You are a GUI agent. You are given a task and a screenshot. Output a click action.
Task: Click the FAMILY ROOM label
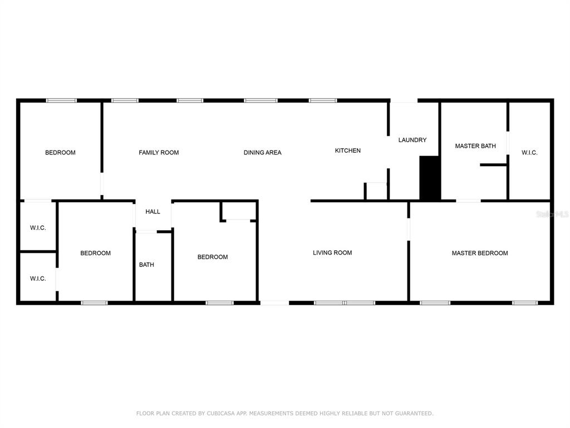pyautogui.click(x=159, y=153)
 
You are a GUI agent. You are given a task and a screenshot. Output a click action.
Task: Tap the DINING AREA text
pyautogui.click(x=263, y=153)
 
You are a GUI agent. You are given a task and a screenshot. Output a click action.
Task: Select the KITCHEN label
pyautogui.click(x=347, y=150)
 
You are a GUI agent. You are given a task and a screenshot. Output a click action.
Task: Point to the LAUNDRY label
pyautogui.click(x=412, y=140)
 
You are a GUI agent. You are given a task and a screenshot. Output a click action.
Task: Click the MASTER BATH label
pyautogui.click(x=475, y=146)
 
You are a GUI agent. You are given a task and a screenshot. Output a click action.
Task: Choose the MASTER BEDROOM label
pyautogui.click(x=479, y=253)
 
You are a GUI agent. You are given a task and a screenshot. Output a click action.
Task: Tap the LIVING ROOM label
pyautogui.click(x=332, y=252)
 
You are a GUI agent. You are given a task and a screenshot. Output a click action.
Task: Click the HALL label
pyautogui.click(x=153, y=211)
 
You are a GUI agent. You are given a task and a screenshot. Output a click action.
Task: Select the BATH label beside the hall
pyautogui.click(x=146, y=265)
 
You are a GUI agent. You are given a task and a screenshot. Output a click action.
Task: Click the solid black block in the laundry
pyautogui.click(x=430, y=178)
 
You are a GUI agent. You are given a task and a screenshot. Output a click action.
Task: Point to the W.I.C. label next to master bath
pyautogui.click(x=529, y=153)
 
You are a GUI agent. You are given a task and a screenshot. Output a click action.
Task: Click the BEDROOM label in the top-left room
pyautogui.click(x=60, y=153)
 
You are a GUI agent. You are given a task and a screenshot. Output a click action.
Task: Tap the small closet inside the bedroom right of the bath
pyautogui.click(x=239, y=210)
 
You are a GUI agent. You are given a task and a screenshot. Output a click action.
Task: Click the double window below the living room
pyautogui.click(x=344, y=303)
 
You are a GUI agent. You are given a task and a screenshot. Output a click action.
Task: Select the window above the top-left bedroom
pyautogui.click(x=61, y=100)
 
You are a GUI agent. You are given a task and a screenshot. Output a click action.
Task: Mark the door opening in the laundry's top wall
pyautogui.click(x=404, y=100)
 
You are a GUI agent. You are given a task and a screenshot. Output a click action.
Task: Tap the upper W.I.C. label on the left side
pyautogui.click(x=38, y=228)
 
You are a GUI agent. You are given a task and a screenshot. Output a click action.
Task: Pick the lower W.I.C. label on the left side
pyautogui.click(x=38, y=279)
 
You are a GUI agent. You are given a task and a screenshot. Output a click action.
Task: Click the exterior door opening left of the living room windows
pyautogui.click(x=274, y=303)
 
